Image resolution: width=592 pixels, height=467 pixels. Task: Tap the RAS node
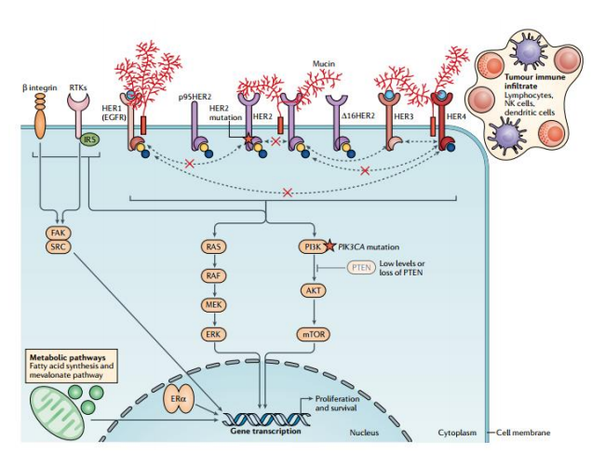[212, 247]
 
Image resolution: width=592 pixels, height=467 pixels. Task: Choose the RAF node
[212, 275]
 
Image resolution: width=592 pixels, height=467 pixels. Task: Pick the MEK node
[212, 304]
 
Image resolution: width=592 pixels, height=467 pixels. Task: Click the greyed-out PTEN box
[360, 268]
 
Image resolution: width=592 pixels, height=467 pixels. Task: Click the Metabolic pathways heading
[66, 357]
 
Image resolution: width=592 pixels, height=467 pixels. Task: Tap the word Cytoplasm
[460, 434]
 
